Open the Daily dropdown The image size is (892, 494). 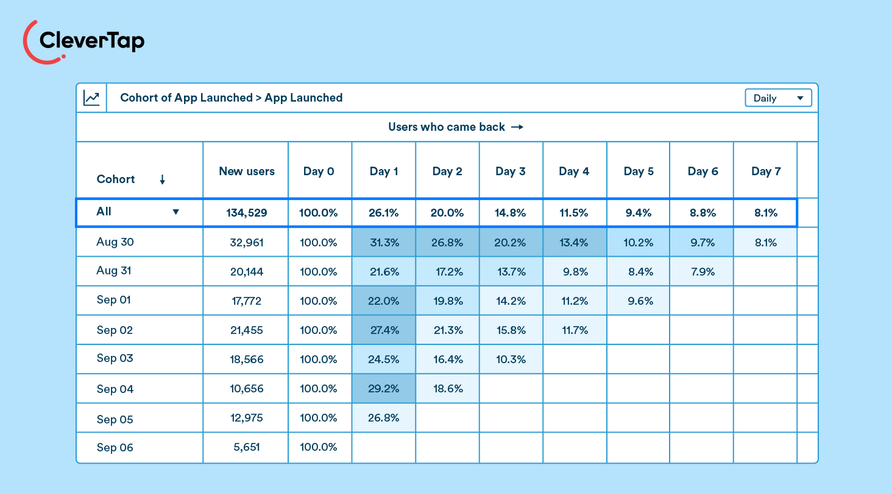click(x=778, y=98)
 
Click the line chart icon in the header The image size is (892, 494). click(x=91, y=98)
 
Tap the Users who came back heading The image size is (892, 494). click(x=456, y=127)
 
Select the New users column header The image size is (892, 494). click(x=246, y=172)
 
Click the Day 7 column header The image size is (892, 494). click(x=765, y=172)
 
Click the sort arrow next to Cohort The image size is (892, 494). click(x=162, y=179)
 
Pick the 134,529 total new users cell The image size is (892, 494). click(x=246, y=213)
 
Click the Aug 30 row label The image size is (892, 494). click(x=115, y=242)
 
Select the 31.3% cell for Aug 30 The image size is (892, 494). click(x=384, y=243)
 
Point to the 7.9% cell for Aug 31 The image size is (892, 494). click(x=703, y=272)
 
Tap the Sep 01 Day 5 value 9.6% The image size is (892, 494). click(x=639, y=301)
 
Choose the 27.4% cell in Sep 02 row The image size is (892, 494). click(x=384, y=330)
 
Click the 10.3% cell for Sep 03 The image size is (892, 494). click(x=511, y=360)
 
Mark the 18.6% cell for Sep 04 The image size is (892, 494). click(x=447, y=389)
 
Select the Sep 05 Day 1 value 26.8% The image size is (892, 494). click(x=384, y=418)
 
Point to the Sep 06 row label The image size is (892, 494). click(x=115, y=448)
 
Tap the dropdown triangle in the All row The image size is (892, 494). click(x=175, y=212)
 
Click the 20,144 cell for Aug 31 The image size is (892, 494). click(x=246, y=272)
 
